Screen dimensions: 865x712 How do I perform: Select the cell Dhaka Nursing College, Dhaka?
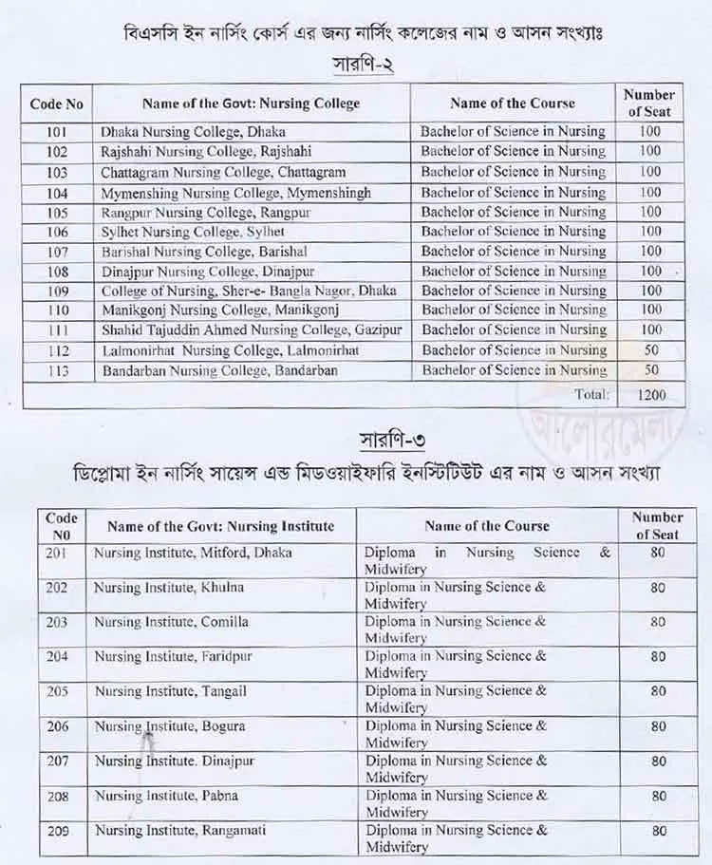tap(193, 132)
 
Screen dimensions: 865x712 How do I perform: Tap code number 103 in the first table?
tap(57, 172)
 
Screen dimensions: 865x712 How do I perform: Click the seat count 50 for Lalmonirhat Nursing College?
tap(650, 350)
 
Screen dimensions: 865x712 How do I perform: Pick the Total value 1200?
tap(652, 394)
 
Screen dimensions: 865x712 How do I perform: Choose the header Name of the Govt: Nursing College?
tap(251, 103)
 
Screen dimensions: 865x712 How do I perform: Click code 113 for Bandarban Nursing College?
tap(57, 370)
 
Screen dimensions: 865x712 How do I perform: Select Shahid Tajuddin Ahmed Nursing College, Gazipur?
tap(252, 330)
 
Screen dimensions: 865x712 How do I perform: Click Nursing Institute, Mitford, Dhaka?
tap(193, 552)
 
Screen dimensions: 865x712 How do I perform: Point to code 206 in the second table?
tap(57, 726)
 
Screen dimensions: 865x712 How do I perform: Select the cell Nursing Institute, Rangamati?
tap(180, 830)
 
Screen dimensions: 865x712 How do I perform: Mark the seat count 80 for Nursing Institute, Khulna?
tap(658, 588)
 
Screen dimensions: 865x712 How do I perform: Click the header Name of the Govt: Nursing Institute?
tap(220, 526)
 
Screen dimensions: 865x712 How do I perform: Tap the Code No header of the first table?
tap(57, 103)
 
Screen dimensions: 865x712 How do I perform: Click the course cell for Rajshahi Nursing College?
tap(513, 152)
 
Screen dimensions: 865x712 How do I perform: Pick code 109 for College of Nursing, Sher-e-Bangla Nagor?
tap(57, 291)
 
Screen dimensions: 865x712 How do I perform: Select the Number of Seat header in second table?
tap(657, 526)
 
